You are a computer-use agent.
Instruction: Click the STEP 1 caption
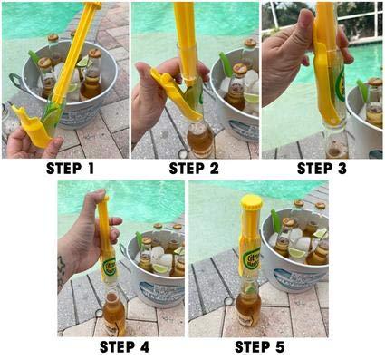[x=64, y=168]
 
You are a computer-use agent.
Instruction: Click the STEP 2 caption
[x=194, y=168]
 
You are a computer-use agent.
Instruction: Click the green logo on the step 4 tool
[x=108, y=265]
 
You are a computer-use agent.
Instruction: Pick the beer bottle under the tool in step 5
[x=249, y=313]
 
